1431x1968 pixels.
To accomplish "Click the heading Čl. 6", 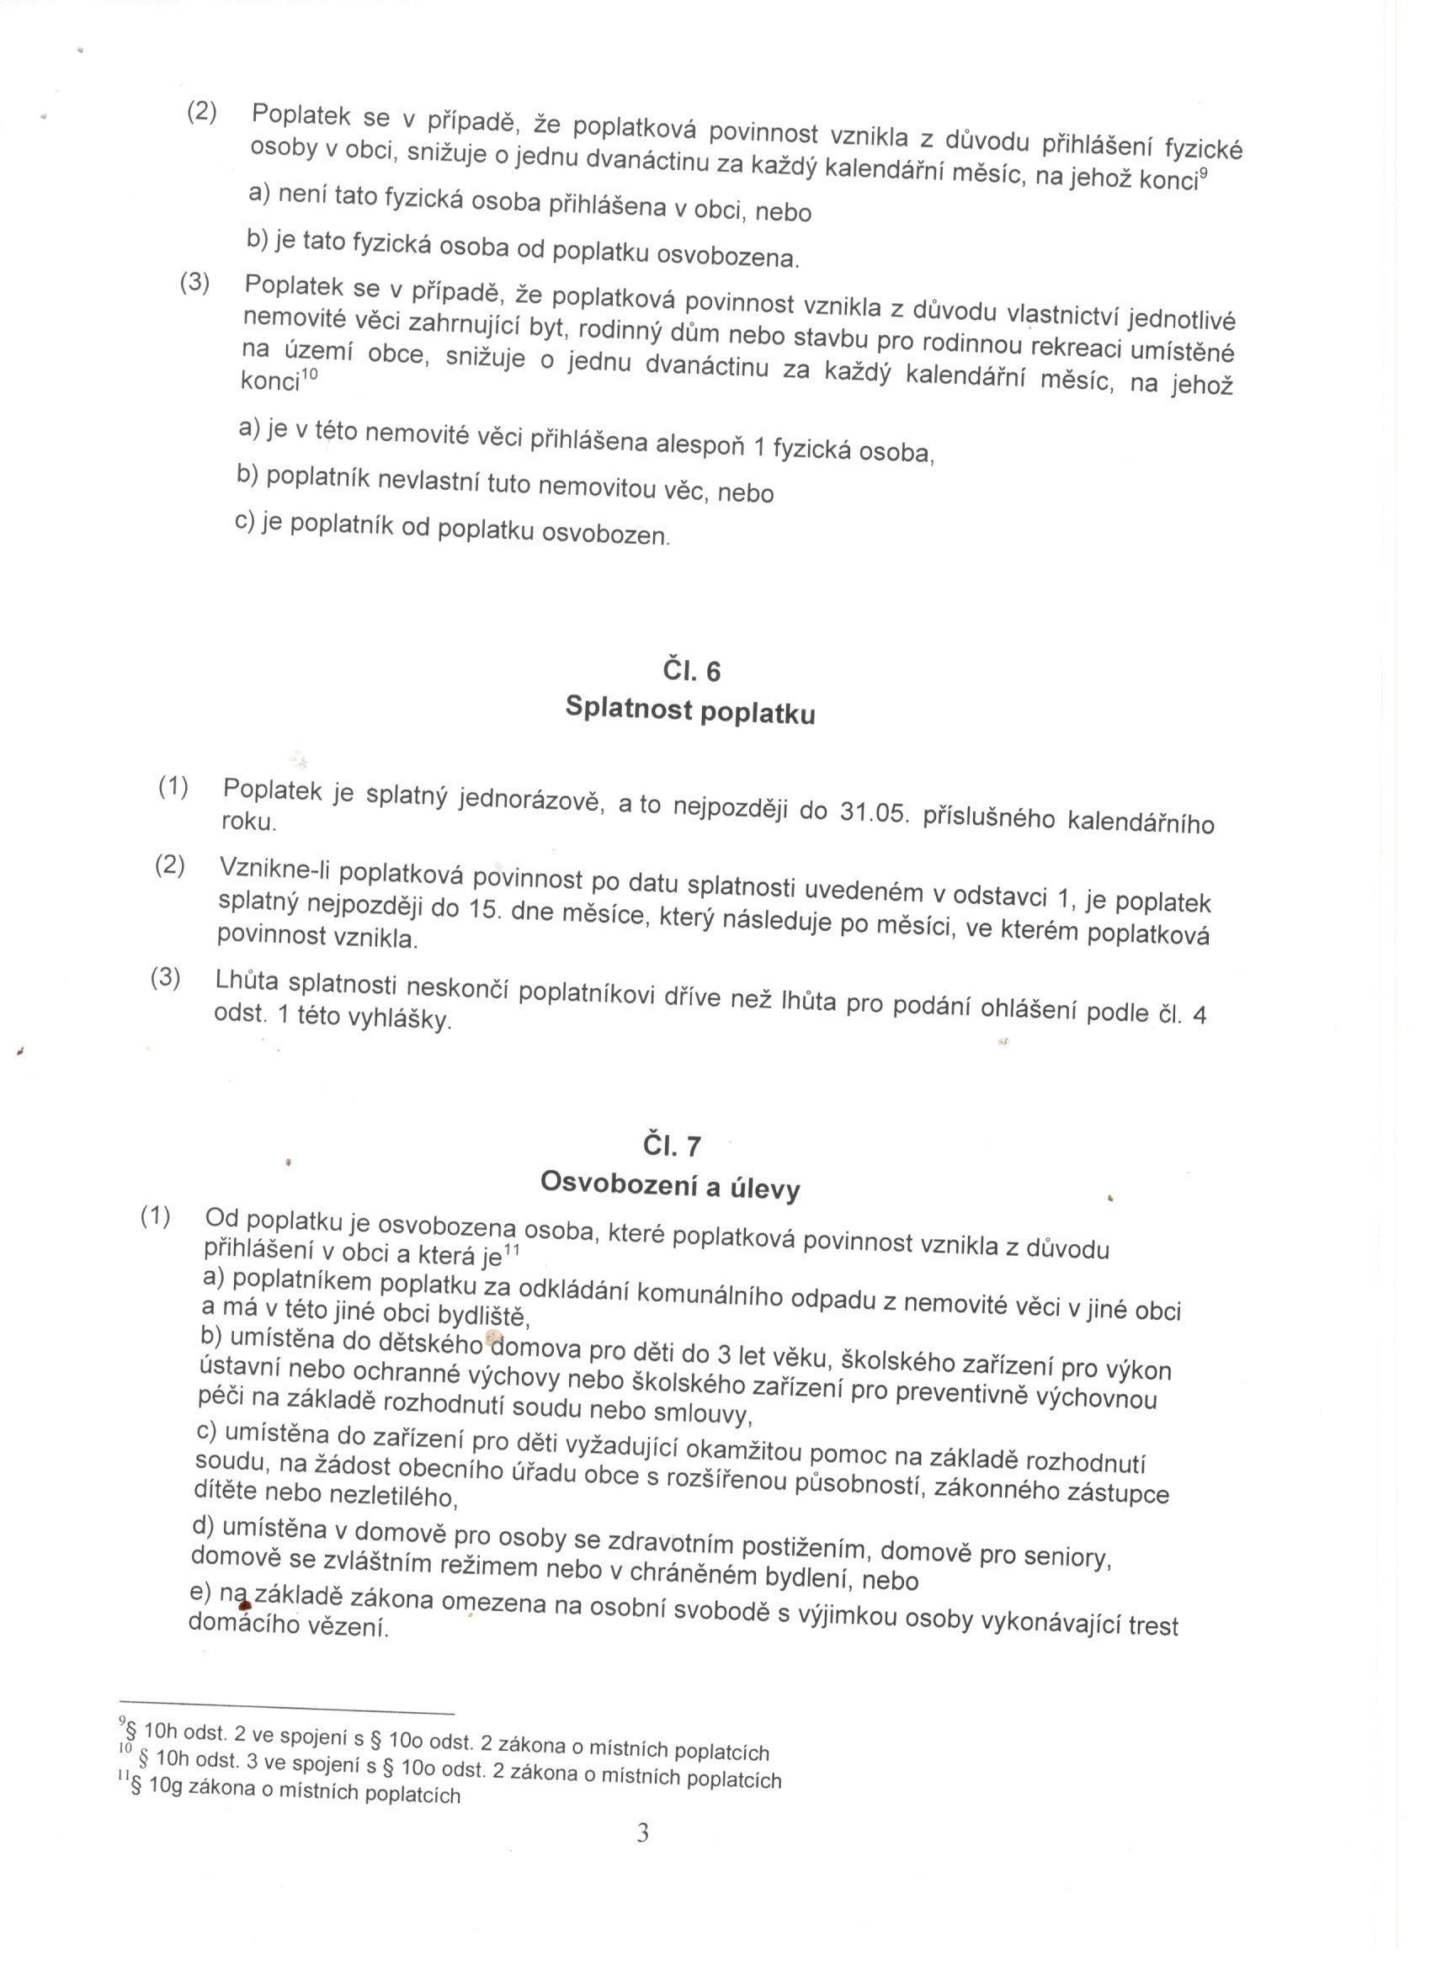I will tap(691, 672).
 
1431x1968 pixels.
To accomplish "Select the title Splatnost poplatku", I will tap(690, 710).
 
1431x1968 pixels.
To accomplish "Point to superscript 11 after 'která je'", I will tap(511, 1252).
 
